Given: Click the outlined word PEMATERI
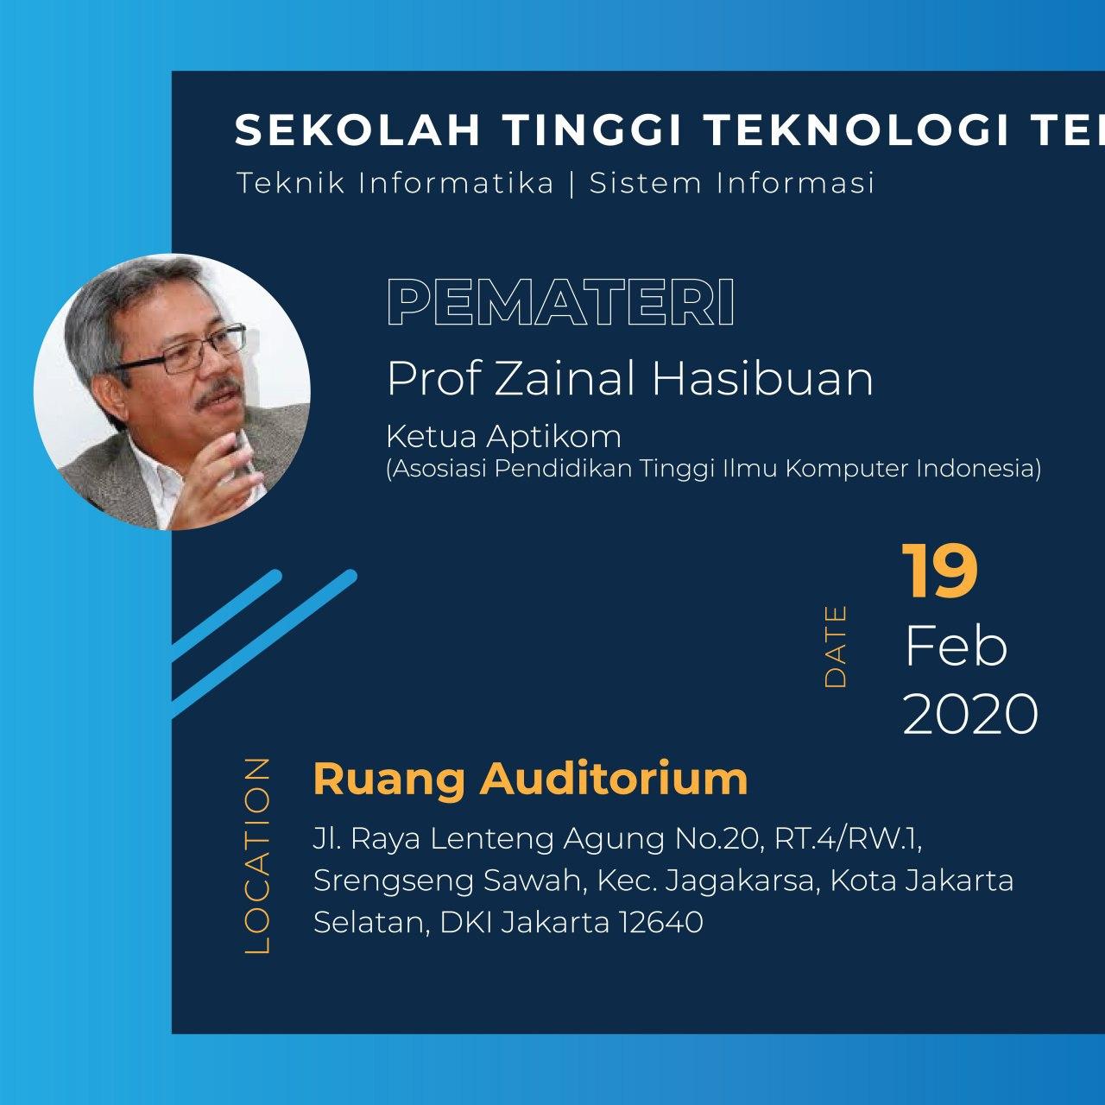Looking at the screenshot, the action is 561,303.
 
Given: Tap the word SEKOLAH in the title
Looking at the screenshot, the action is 357,130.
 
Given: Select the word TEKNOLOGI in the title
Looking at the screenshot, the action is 858,130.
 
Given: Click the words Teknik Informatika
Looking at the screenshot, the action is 395,184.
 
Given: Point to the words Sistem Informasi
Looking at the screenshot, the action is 732,184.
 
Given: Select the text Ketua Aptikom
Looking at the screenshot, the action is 503,437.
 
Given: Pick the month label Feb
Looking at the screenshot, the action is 956,647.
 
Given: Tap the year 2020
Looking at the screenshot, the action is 970,714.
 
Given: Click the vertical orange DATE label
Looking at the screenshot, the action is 835,647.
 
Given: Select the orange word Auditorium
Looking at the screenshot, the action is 614,779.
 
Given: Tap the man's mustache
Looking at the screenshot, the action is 217,395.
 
